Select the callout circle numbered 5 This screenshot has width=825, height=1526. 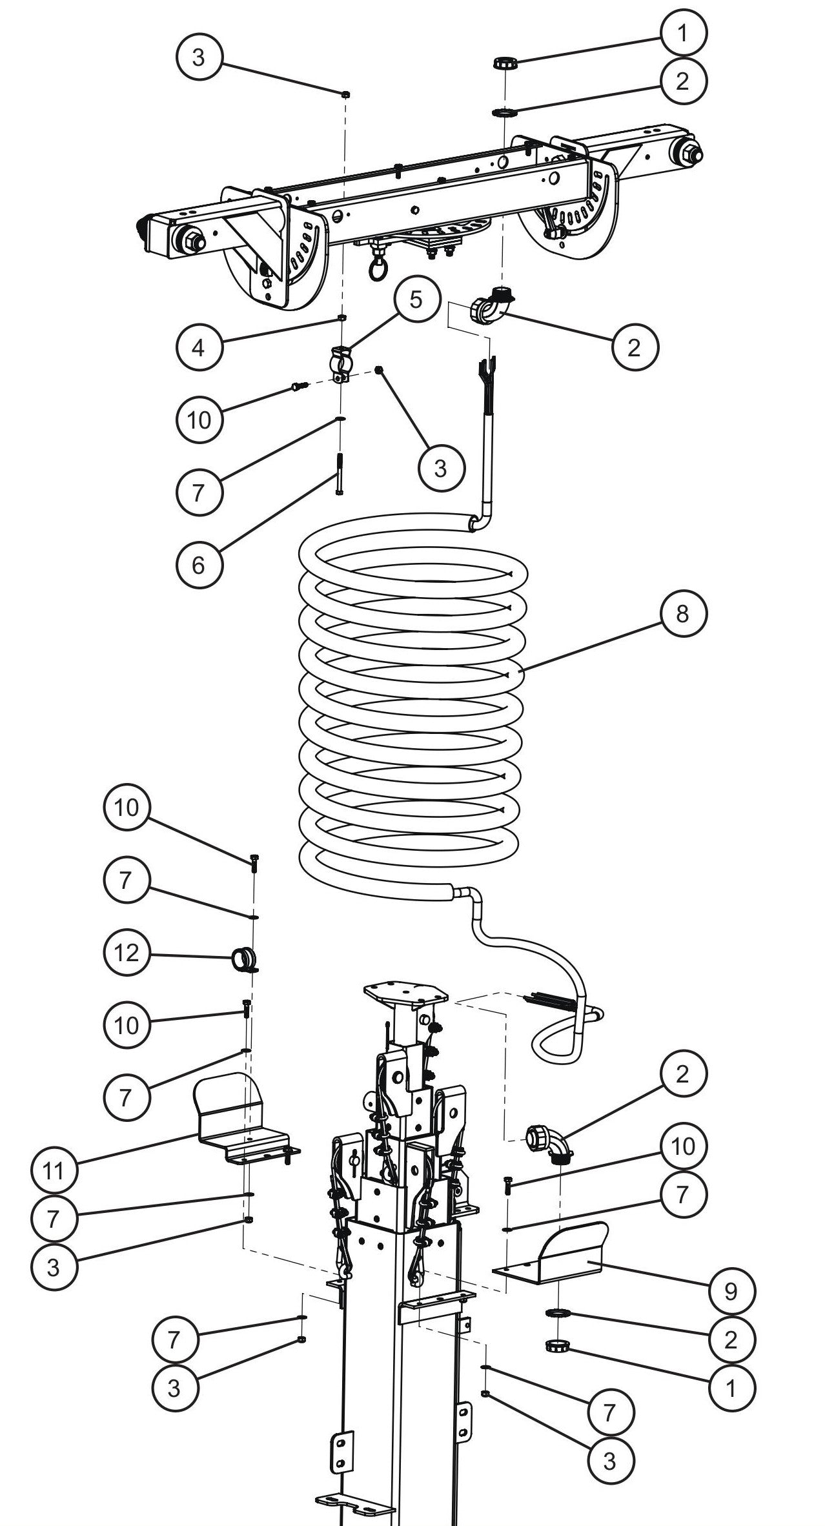pyautogui.click(x=416, y=300)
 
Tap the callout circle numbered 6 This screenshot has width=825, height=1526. pyautogui.click(x=198, y=565)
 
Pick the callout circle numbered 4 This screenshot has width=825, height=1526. pyautogui.click(x=198, y=347)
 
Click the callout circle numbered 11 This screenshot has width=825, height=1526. pyautogui.click(x=54, y=1170)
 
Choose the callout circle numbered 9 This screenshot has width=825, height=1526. pyautogui.click(x=731, y=1290)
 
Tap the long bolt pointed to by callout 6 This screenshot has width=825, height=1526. pyautogui.click(x=339, y=474)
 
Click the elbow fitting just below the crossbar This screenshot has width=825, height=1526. pyautogui.click(x=492, y=307)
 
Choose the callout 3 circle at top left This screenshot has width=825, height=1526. pyautogui.click(x=198, y=57)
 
